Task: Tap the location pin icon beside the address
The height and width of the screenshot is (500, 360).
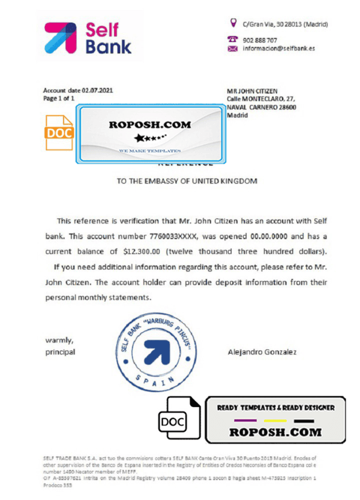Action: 233,23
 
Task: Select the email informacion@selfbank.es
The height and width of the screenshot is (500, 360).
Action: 278,49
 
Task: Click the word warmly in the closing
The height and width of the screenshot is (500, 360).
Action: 58,340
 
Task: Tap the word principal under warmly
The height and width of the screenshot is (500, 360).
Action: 61,352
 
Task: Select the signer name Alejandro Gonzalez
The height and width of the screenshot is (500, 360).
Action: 263,352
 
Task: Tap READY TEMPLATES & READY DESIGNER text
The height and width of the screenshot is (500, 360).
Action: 275,408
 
